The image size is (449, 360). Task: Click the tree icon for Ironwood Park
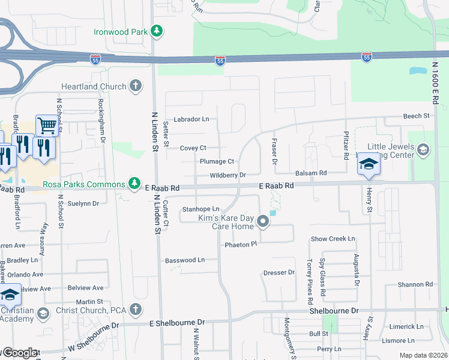[156, 31]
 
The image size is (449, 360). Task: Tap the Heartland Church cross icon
[136, 86]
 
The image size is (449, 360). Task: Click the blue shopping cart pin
[46, 126]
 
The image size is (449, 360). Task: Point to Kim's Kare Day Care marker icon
[263, 223]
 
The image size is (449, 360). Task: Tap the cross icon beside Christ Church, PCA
[136, 310]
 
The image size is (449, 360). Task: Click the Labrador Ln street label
[191, 119]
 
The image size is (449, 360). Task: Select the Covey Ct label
[193, 148]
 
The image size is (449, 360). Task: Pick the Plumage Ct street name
[217, 161]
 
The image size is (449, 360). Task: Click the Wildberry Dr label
[228, 175]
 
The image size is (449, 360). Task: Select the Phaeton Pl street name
[241, 244]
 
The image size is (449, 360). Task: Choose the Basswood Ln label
[184, 260]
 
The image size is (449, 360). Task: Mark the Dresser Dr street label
[279, 272]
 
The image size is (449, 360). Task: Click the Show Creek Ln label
[333, 239]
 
